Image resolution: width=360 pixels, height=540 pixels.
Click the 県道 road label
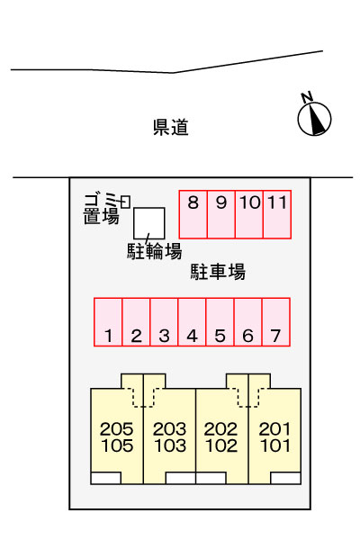171,127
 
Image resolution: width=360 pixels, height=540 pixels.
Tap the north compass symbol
314,119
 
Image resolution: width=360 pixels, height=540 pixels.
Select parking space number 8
193,214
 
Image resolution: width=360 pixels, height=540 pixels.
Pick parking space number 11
277,214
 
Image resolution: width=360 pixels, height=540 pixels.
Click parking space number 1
108,322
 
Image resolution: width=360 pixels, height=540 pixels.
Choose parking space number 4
192,322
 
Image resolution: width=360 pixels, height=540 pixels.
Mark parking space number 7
276,322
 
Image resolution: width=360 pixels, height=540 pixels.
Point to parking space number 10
249,214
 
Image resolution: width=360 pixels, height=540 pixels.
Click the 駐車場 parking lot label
218,272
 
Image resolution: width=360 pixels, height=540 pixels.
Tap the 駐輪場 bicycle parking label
154,251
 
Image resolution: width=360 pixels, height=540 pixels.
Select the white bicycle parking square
149,223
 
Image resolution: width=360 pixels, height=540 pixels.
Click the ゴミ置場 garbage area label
102,209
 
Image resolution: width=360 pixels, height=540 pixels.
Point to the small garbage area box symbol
125,202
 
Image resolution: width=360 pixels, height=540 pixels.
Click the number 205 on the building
116,429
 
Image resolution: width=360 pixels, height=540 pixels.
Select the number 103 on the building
170,445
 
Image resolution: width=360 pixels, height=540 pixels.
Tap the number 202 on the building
220,429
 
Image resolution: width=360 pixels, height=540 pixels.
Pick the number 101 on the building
275,445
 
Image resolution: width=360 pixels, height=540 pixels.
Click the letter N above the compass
307,97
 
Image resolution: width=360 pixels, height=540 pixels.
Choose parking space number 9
221,214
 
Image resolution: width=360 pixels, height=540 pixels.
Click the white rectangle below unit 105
106,479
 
